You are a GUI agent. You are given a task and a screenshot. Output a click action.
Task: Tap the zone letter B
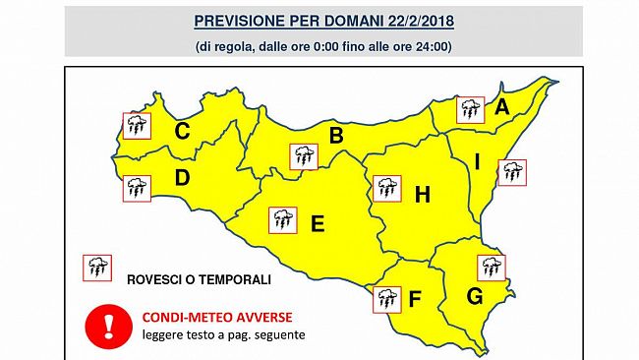[x=335, y=137]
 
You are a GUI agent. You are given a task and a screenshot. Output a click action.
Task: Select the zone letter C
[x=182, y=131]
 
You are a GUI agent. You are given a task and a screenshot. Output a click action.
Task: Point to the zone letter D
[x=182, y=178]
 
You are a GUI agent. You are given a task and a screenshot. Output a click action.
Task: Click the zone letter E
[x=318, y=224]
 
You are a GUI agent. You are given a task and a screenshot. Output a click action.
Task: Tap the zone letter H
[x=423, y=195]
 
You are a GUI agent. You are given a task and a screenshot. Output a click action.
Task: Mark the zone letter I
[x=476, y=162]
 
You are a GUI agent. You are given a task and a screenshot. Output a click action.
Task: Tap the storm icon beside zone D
[x=136, y=187]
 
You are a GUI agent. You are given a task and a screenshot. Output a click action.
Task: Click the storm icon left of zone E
[x=283, y=219]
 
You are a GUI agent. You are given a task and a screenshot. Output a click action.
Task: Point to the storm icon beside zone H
[x=384, y=187]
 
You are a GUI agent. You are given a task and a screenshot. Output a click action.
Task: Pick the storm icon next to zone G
[x=491, y=267]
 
